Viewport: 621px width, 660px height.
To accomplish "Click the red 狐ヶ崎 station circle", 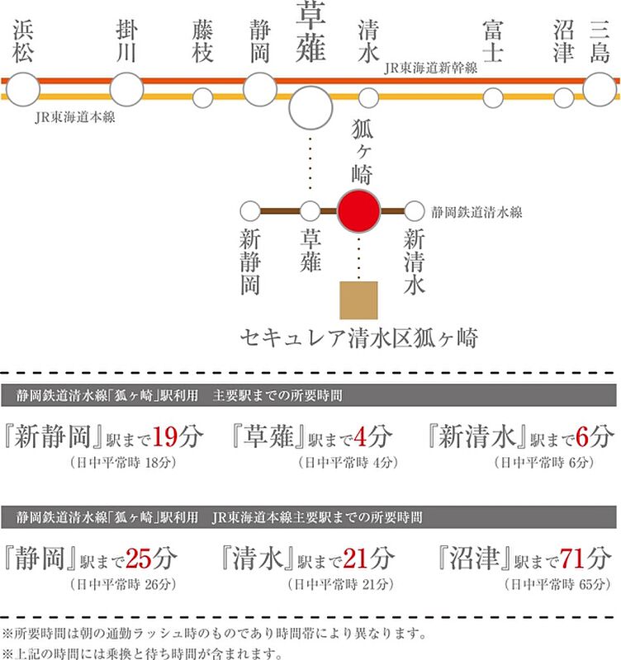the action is [359, 211].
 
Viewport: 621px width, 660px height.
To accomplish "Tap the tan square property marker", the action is [358, 300].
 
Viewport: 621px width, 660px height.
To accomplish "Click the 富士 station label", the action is [493, 41].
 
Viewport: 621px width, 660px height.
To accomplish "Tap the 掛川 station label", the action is [126, 41].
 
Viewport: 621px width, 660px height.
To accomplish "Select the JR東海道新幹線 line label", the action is [430, 68].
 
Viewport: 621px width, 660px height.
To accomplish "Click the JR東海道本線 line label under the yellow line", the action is [75, 117].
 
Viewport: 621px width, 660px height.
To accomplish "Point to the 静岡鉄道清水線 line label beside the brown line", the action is [476, 212].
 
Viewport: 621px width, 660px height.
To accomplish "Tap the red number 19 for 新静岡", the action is [164, 436].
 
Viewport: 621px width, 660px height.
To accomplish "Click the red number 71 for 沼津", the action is [573, 559].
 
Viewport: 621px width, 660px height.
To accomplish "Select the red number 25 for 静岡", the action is [139, 559].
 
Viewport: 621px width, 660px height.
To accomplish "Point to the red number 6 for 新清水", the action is [582, 436].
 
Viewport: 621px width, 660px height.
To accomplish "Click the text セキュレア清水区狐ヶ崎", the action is [359, 338].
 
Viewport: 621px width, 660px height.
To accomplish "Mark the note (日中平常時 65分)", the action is [557, 584].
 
